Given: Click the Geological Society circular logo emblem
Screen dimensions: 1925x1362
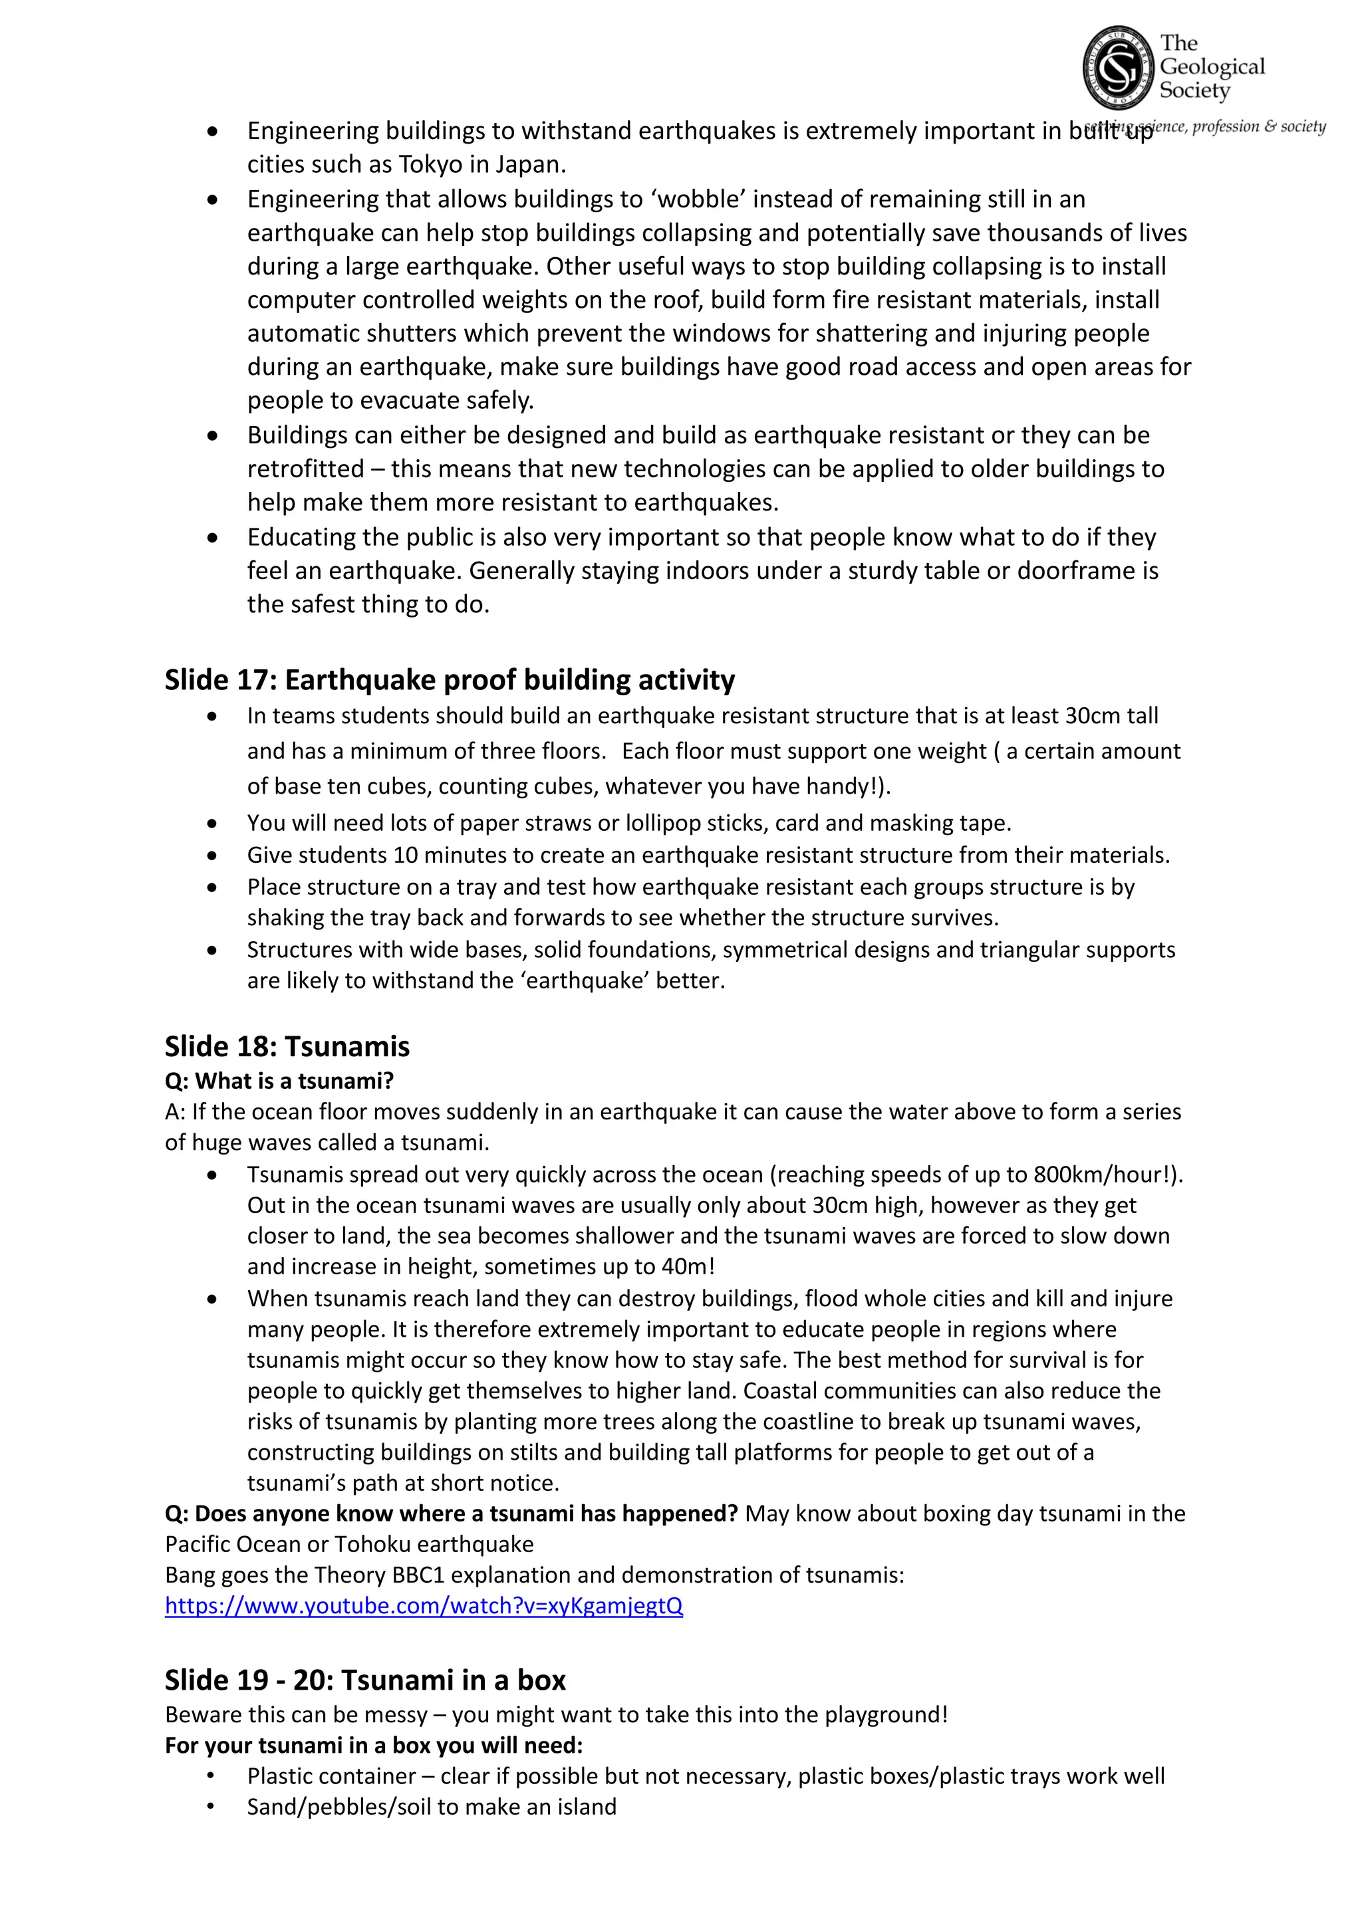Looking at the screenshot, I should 1118,68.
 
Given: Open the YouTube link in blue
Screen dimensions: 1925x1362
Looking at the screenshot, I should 424,1605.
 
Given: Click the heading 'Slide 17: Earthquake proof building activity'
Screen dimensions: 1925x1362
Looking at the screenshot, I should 450,680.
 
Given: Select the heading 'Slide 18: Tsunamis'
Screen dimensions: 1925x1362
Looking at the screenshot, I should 287,1046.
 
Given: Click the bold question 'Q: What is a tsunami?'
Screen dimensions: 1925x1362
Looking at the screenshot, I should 279,1081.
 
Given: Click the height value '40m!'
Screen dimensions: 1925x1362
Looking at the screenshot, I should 688,1267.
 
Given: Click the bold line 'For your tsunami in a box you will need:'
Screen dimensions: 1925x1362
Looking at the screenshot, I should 373,1746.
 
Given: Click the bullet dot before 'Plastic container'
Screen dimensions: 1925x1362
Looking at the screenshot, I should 211,1777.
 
